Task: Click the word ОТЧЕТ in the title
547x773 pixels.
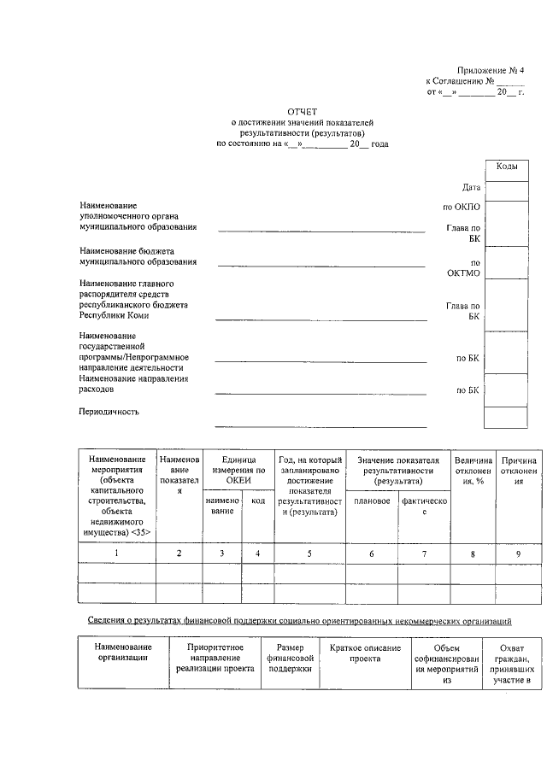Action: [x=302, y=112]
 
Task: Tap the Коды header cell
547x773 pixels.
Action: [x=505, y=167]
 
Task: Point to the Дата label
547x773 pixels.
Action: [x=471, y=187]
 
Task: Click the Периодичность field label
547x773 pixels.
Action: [x=109, y=412]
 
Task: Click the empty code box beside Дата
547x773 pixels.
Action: [x=505, y=188]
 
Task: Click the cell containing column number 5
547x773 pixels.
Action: [x=309, y=553]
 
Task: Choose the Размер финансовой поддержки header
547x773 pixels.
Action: [x=291, y=658]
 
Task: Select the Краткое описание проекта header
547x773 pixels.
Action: [x=365, y=653]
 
